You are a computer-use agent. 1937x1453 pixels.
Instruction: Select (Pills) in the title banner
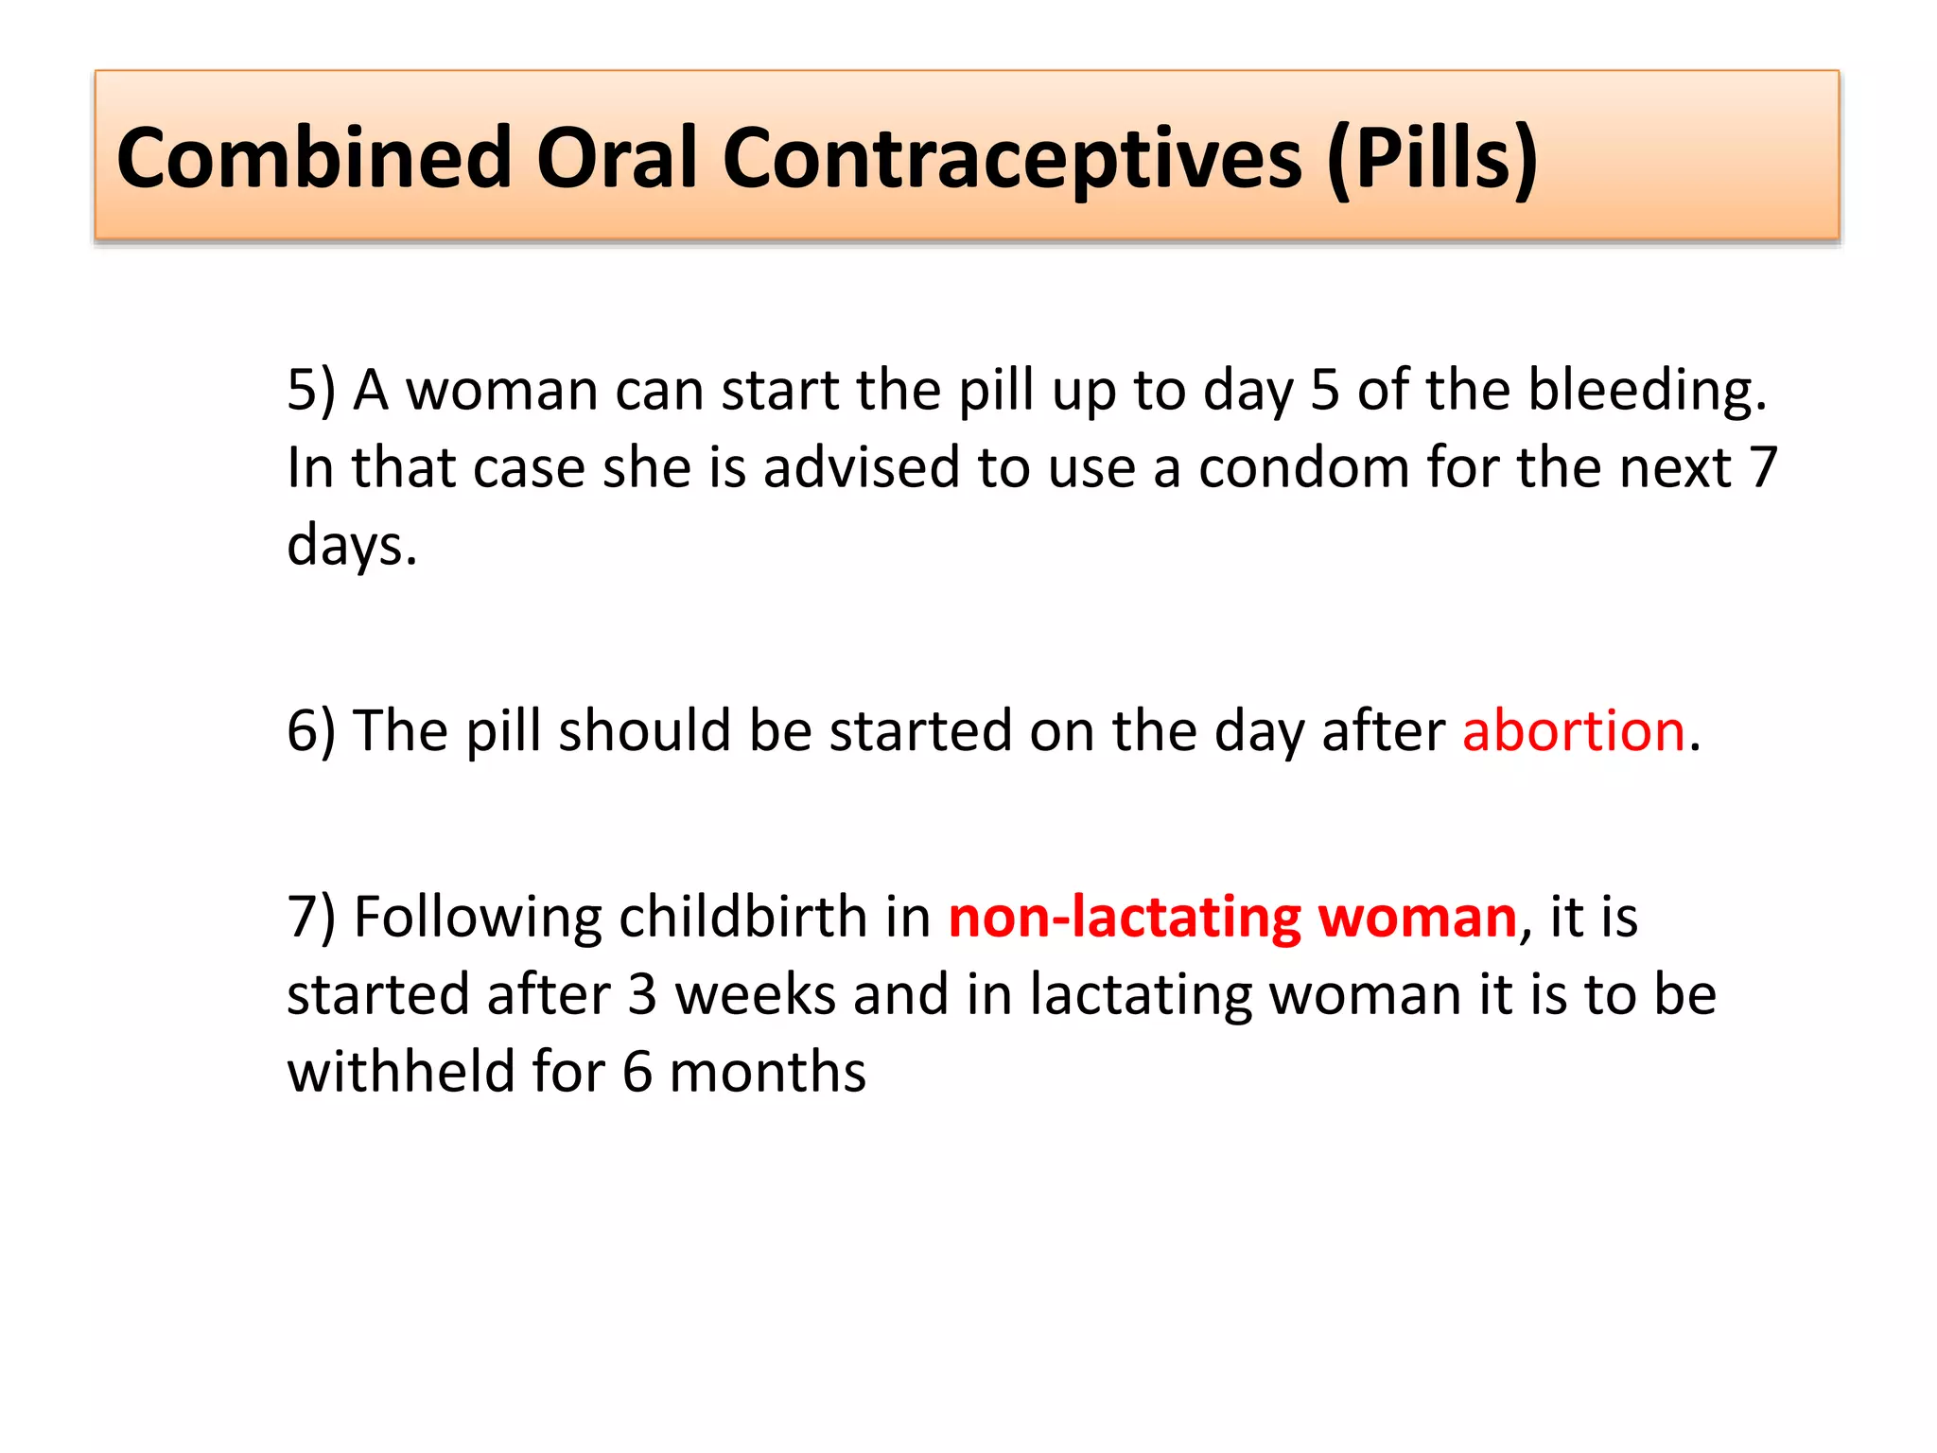pyautogui.click(x=1432, y=158)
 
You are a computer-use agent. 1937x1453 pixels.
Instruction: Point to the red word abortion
pyautogui.click(x=1574, y=731)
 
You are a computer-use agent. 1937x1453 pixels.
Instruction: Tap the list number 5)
pyautogui.click(x=311, y=390)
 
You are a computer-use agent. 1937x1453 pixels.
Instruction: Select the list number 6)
pyautogui.click(x=311, y=731)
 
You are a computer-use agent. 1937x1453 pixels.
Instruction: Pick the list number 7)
pyautogui.click(x=311, y=918)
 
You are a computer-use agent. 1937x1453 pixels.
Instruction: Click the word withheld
pyautogui.click(x=401, y=1073)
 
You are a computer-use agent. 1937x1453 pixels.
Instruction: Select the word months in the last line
pyautogui.click(x=767, y=1073)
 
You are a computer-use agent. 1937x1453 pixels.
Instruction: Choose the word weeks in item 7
pyautogui.click(x=756, y=995)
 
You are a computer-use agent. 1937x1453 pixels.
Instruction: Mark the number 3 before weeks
pyautogui.click(x=642, y=995)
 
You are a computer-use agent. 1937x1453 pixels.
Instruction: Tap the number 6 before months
pyautogui.click(x=637, y=1073)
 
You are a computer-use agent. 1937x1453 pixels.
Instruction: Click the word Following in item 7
pyautogui.click(x=478, y=918)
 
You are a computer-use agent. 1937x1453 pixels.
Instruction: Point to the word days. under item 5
pyautogui.click(x=352, y=546)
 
